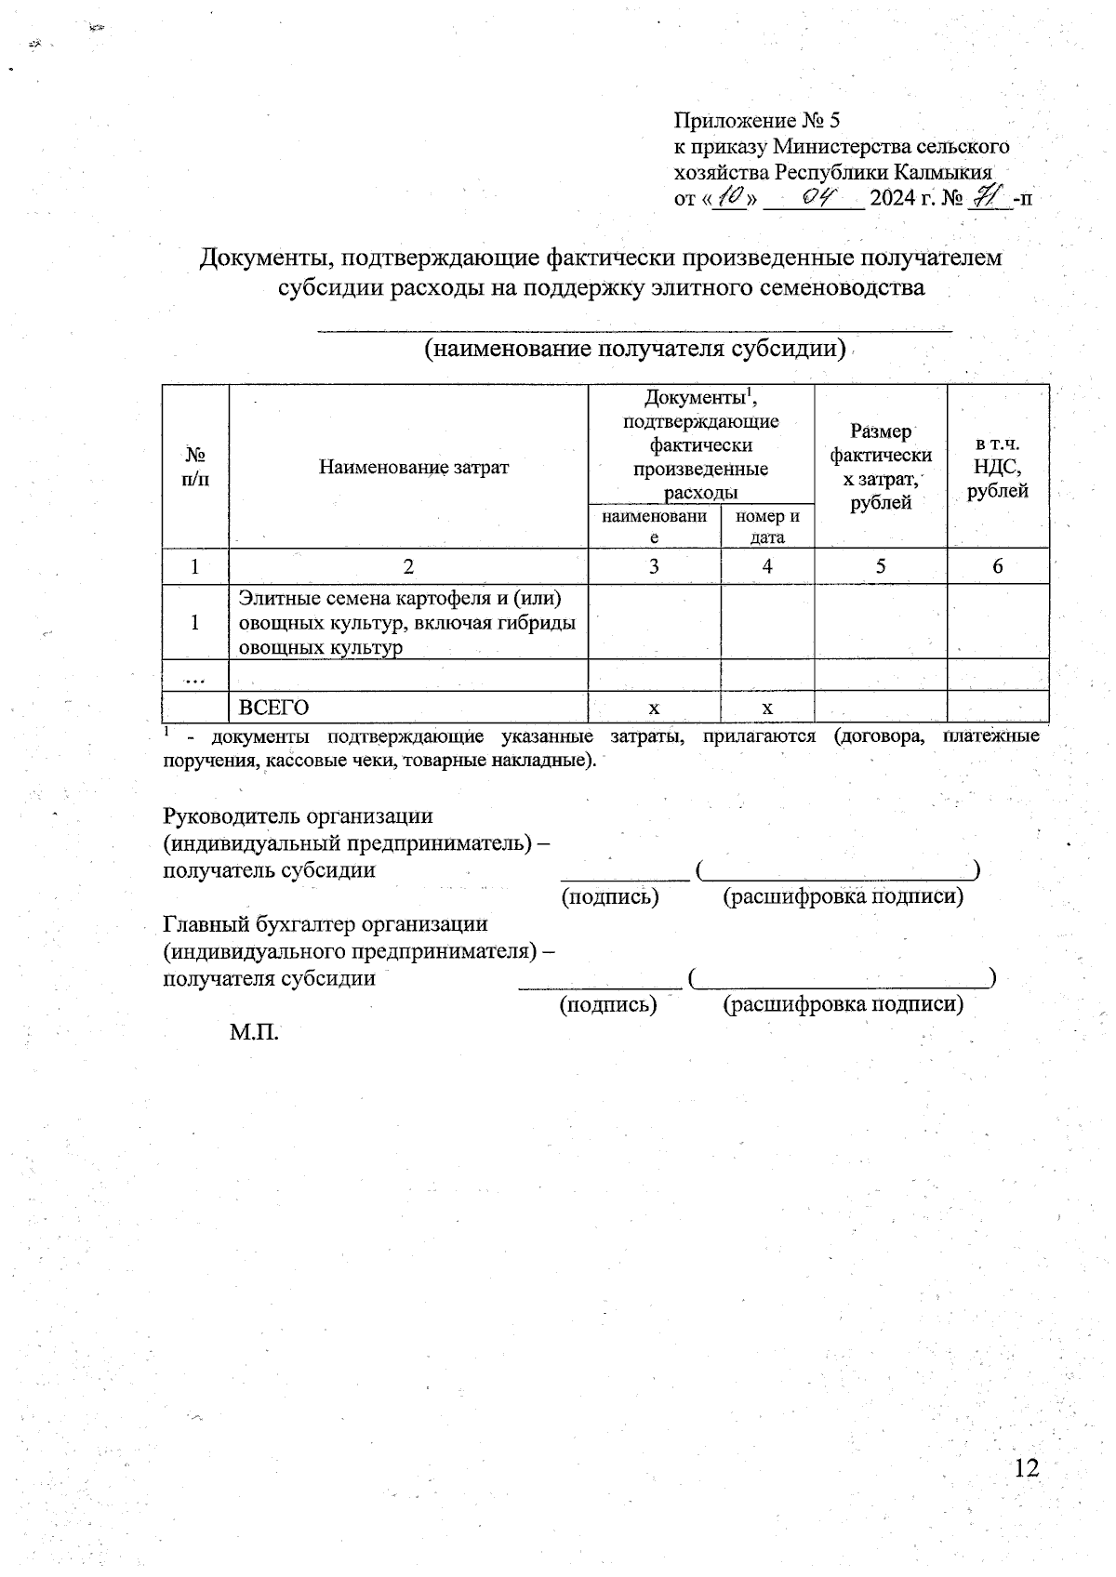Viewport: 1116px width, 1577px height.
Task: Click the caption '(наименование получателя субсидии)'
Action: click(x=634, y=349)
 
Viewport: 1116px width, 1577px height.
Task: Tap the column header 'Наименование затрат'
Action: click(x=414, y=467)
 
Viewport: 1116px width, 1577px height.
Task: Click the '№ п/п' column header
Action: click(x=195, y=467)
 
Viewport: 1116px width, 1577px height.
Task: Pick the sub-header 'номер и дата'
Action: click(x=767, y=526)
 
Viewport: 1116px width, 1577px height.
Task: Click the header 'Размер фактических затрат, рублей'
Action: click(x=880, y=467)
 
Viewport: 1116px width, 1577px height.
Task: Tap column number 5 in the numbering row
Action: click(x=880, y=566)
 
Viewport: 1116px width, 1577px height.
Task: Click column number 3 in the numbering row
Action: click(x=654, y=566)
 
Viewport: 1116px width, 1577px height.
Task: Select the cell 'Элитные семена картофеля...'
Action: click(x=407, y=622)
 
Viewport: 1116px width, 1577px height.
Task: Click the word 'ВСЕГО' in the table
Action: click(x=273, y=708)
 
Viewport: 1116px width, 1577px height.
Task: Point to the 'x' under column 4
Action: click(x=767, y=709)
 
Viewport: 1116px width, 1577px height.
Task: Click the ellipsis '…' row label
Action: click(x=195, y=677)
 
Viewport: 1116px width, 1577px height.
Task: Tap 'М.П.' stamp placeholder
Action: click(x=254, y=1032)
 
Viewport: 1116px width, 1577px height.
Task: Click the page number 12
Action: click(x=1026, y=1468)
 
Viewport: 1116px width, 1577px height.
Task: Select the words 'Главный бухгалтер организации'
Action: click(x=325, y=924)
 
